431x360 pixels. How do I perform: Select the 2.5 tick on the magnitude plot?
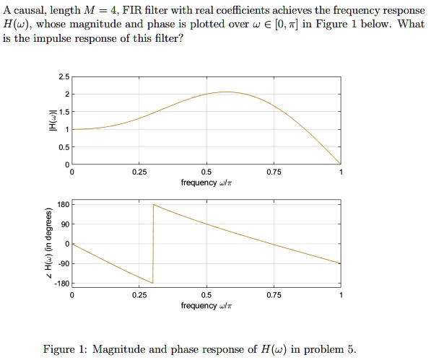click(64, 76)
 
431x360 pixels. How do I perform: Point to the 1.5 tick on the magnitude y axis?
click(64, 112)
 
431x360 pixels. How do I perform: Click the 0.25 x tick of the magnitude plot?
click(139, 172)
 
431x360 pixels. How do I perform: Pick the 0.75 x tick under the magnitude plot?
click(273, 172)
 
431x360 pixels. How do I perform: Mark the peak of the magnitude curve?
click(227, 92)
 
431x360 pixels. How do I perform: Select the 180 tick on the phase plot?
click(63, 205)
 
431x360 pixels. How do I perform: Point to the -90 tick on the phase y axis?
click(63, 263)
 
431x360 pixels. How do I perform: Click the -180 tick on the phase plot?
click(61, 283)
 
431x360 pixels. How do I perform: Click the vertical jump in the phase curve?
click(153, 244)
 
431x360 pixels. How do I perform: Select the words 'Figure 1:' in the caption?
click(65, 350)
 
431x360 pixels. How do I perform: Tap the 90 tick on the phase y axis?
click(65, 224)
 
